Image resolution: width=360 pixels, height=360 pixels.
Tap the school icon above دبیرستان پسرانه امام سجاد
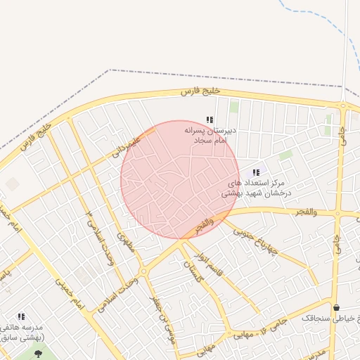tap(209, 120)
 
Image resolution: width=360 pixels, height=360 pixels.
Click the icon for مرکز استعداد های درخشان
tap(255, 172)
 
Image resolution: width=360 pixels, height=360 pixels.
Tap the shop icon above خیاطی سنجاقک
tap(336, 307)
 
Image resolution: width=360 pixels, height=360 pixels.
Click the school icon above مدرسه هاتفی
tap(21, 316)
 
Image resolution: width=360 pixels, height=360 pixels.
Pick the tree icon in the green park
tap(38, 353)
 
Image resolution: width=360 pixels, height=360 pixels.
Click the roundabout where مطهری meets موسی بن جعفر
tap(143, 271)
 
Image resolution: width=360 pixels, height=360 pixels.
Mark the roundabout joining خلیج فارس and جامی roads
tap(342, 108)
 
